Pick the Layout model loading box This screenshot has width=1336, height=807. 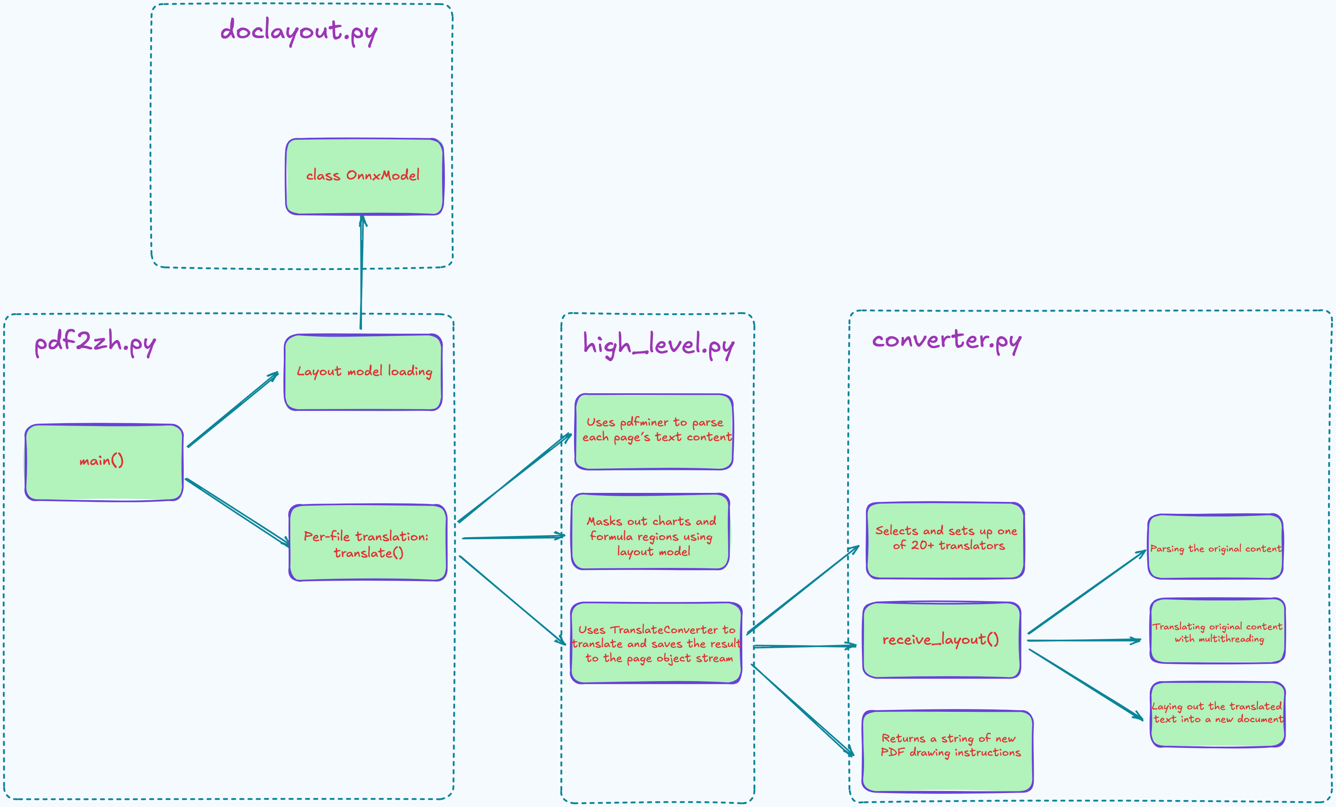363,372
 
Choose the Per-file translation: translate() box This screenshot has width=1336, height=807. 367,543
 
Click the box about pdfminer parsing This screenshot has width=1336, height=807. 654,431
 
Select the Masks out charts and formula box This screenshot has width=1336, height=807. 651,532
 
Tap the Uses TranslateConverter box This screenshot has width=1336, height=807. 656,643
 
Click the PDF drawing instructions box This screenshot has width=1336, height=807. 947,751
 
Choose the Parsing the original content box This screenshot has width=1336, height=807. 1215,547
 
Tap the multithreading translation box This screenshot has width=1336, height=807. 1217,631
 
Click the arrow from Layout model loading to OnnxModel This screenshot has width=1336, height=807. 362,271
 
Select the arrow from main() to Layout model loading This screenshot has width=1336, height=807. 233,410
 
